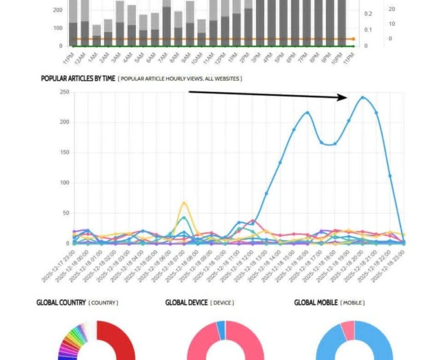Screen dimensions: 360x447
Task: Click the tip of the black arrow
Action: pos(347,98)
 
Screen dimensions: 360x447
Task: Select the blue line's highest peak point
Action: pos(363,98)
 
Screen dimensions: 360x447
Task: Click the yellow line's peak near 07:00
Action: pos(184,203)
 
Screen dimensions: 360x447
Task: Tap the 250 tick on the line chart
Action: pos(64,92)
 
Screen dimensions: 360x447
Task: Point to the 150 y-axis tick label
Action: pos(64,153)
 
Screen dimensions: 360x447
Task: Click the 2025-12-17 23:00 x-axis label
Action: pos(59,266)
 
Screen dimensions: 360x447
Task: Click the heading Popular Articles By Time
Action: pos(78,79)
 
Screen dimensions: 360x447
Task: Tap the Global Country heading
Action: pos(61,302)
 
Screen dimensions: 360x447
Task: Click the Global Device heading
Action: pos(186,302)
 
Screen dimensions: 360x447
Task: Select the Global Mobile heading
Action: pos(316,302)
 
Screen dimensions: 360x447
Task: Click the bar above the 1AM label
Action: pos(96,35)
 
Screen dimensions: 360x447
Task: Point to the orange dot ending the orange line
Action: pos(353,39)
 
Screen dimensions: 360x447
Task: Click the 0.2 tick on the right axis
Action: pos(368,13)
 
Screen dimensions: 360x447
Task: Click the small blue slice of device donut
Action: pos(221,329)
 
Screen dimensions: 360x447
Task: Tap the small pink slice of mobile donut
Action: pos(347,329)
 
